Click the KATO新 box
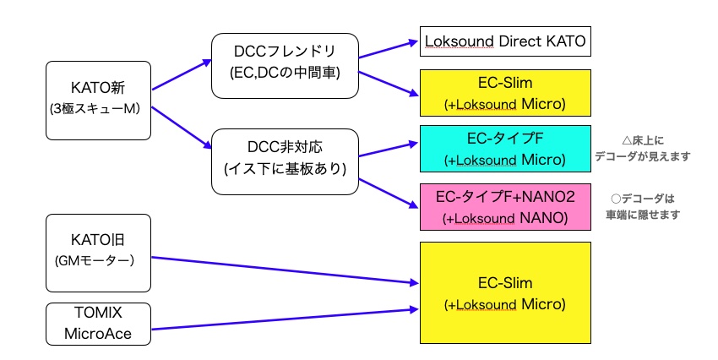(x=99, y=101)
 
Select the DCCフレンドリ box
(x=285, y=66)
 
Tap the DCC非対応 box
(x=285, y=161)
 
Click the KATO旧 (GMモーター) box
(x=99, y=253)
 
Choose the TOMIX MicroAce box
(x=99, y=324)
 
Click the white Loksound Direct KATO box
(x=505, y=41)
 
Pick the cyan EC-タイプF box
(x=505, y=149)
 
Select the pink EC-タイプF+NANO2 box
(x=505, y=207)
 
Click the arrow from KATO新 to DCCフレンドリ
(x=182, y=74)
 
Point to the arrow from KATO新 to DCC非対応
(x=182, y=128)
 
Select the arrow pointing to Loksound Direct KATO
(x=389, y=50)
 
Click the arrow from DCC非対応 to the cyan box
(x=389, y=150)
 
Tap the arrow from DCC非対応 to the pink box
(x=389, y=194)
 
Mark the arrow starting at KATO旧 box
(x=285, y=270)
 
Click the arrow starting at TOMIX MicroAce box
(x=285, y=319)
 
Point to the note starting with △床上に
(x=643, y=149)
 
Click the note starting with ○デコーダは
(x=643, y=206)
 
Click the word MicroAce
(x=98, y=334)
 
